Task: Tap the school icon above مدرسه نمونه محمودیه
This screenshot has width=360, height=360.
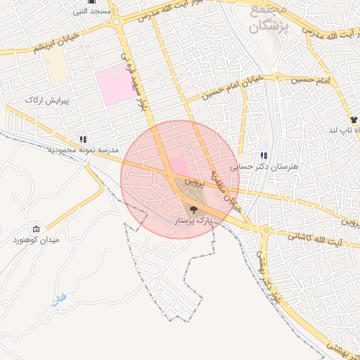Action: pyautogui.click(x=84, y=139)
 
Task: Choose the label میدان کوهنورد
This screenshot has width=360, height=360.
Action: pyautogui.click(x=35, y=240)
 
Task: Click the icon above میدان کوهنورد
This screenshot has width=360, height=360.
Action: pyautogui.click(x=36, y=229)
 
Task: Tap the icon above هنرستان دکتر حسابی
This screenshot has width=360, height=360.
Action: pyautogui.click(x=264, y=155)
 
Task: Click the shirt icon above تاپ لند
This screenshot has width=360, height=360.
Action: pyautogui.click(x=354, y=120)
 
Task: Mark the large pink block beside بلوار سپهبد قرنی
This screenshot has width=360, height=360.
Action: pyautogui.click(x=114, y=84)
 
